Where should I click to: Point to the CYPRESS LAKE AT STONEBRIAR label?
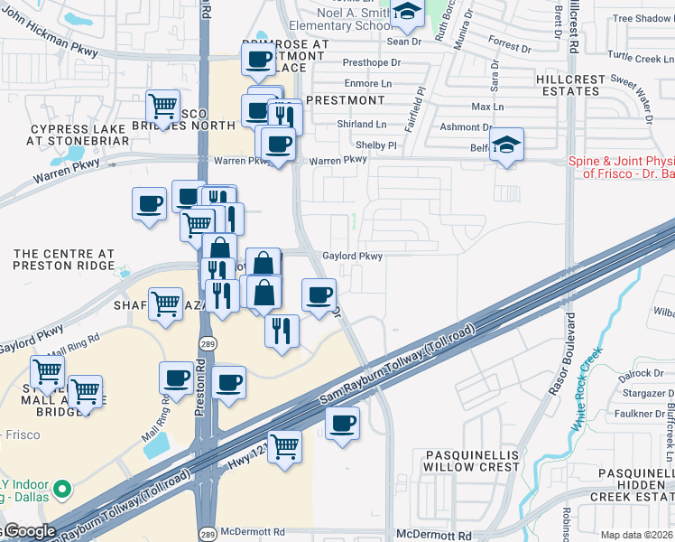click(79, 135)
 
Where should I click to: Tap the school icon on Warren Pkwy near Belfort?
click(507, 145)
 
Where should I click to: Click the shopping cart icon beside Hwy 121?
click(285, 444)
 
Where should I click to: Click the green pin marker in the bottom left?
click(61, 491)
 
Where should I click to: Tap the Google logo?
click(29, 531)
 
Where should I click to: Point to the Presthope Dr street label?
click(371, 63)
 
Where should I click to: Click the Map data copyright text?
click(636, 535)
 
